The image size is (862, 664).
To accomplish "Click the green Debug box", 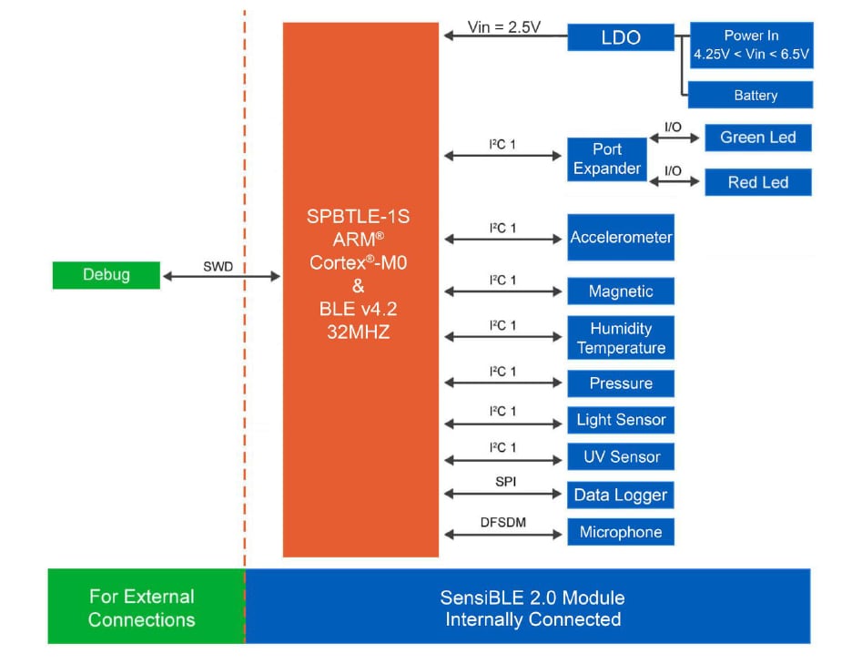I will pos(106,274).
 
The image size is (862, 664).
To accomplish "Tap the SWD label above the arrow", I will pos(218,266).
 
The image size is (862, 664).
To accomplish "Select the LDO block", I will pos(621,37).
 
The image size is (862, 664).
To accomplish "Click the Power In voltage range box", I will pos(751,46).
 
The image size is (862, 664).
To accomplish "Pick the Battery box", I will pos(750,95).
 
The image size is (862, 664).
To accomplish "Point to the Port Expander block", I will pos(607,159).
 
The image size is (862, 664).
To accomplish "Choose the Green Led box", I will pos(757,138).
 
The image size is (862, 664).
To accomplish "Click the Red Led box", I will pos(757,182).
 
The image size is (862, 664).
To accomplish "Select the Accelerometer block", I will pos(621,238).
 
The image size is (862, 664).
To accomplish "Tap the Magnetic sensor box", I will pos(621,291).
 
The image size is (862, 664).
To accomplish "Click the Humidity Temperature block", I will pos(621,338).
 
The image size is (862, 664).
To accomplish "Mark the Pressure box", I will pos(621,383).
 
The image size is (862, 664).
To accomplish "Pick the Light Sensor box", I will pos(621,420).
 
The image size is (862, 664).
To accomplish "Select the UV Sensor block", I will pos(621,457).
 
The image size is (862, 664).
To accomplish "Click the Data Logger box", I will pos(621,495).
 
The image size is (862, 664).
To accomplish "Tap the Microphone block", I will pos(621,532).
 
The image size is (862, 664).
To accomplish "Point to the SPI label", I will pos(505,481).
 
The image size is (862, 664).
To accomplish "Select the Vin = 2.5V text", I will pos(504,26).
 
